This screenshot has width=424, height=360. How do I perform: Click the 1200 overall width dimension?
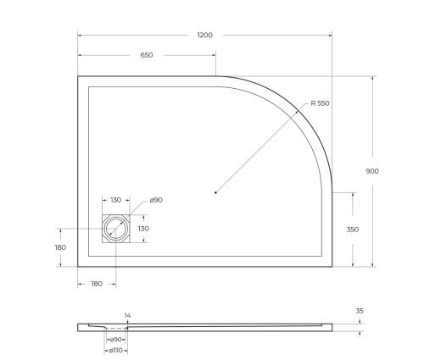(x=204, y=35)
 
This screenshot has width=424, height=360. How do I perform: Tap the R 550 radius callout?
(x=320, y=103)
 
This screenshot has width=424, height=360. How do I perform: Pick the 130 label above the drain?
(x=116, y=200)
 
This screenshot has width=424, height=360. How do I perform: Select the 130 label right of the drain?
(x=143, y=229)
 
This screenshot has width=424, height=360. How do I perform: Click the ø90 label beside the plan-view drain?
(x=156, y=200)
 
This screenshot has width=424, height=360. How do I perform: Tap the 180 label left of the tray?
(x=59, y=247)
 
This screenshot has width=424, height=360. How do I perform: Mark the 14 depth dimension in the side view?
(x=127, y=315)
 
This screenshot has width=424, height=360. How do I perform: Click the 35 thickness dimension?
(x=360, y=311)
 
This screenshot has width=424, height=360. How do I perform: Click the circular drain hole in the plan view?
(x=115, y=229)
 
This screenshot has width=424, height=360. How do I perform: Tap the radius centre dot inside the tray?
(x=216, y=193)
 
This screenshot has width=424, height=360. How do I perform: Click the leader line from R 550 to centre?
(x=259, y=151)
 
